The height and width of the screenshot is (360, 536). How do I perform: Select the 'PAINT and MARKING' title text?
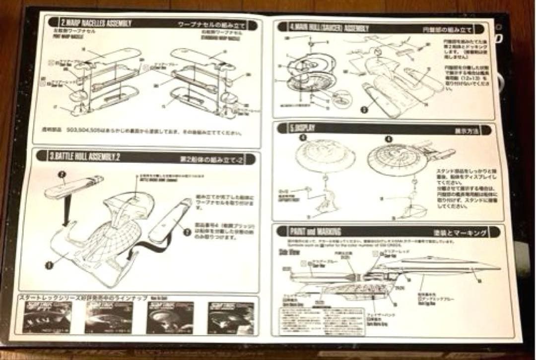click(316, 231)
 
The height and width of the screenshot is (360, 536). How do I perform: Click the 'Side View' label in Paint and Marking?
click(290, 252)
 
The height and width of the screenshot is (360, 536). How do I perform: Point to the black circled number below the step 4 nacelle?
click(365, 106)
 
